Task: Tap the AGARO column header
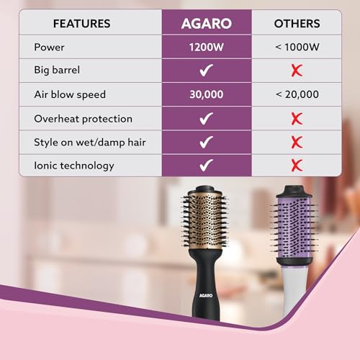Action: (205, 23)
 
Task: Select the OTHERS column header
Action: (297, 23)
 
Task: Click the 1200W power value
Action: (205, 48)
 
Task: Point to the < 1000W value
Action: (297, 48)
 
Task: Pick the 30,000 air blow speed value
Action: (205, 94)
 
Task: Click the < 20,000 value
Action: (297, 94)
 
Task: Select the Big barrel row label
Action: (60, 71)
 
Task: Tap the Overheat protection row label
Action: (83, 118)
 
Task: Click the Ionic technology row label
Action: (74, 165)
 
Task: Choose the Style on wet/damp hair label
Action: (90, 142)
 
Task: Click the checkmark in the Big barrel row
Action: (205, 71)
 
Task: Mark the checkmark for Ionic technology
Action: (205, 165)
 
